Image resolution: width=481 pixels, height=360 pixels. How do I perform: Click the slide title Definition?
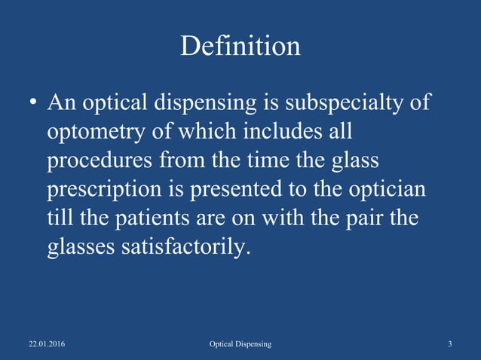point(240,47)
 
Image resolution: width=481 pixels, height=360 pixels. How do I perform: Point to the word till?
point(60,218)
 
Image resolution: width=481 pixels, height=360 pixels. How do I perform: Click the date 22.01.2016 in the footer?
point(46,344)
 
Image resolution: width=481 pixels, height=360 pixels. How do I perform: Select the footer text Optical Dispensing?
point(240,344)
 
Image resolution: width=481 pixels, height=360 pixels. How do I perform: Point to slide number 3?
point(449,344)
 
